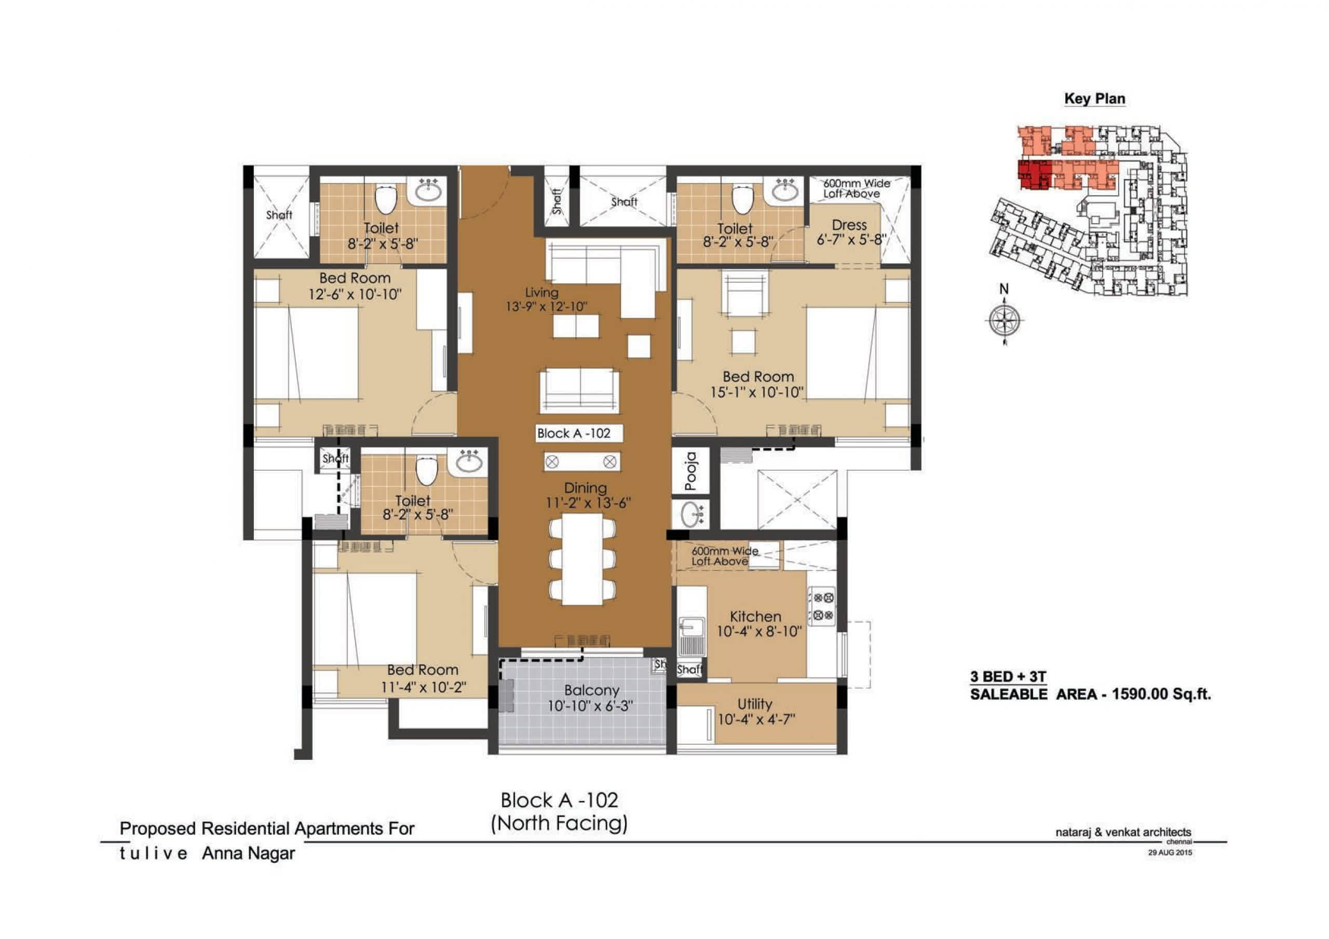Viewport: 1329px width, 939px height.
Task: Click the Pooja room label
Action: tap(690, 471)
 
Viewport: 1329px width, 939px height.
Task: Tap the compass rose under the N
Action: tap(1004, 320)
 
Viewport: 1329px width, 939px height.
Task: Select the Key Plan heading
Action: tap(1094, 99)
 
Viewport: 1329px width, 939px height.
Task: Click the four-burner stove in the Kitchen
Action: tap(822, 606)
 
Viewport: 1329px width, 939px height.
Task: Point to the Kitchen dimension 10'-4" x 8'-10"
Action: tap(759, 631)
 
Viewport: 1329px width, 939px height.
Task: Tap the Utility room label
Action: tap(755, 704)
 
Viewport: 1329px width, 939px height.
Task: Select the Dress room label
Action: tap(849, 225)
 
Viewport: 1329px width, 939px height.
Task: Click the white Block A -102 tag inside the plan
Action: tap(579, 433)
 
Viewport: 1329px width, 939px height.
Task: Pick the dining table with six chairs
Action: tap(582, 558)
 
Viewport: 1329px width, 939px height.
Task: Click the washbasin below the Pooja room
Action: tap(691, 514)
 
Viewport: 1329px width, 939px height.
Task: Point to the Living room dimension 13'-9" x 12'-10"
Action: tap(547, 306)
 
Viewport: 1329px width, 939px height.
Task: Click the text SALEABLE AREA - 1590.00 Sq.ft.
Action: tap(1091, 694)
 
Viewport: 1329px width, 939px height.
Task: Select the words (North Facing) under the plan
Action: tap(559, 823)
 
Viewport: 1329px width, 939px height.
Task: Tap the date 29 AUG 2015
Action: tap(1170, 852)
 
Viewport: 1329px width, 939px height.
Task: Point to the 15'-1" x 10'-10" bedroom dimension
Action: tap(756, 392)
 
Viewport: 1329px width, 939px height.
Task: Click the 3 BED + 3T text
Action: tap(1008, 676)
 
